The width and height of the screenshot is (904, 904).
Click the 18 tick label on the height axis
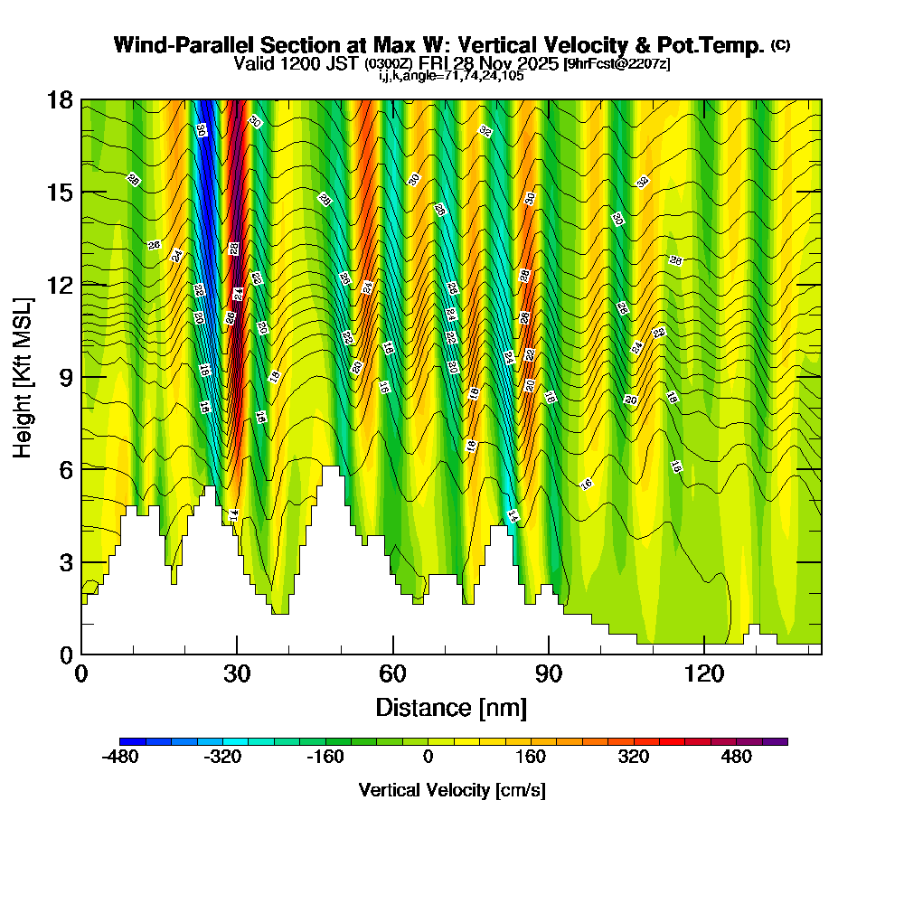pyautogui.click(x=61, y=99)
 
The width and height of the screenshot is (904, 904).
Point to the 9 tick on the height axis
pyautogui.click(x=81, y=376)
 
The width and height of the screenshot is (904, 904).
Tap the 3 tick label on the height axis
pyautogui.click(x=66, y=561)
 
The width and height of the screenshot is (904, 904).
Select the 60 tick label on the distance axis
pyautogui.click(x=392, y=673)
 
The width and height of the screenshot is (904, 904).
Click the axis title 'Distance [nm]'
pyautogui.click(x=451, y=706)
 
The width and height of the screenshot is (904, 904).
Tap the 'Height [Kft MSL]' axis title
pyautogui.click(x=23, y=376)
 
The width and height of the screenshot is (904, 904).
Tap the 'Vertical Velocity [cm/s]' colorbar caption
pyautogui.click(x=452, y=790)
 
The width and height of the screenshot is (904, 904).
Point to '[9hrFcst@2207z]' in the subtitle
pyautogui.click(x=617, y=64)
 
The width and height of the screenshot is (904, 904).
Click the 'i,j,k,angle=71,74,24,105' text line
pyautogui.click(x=451, y=76)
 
